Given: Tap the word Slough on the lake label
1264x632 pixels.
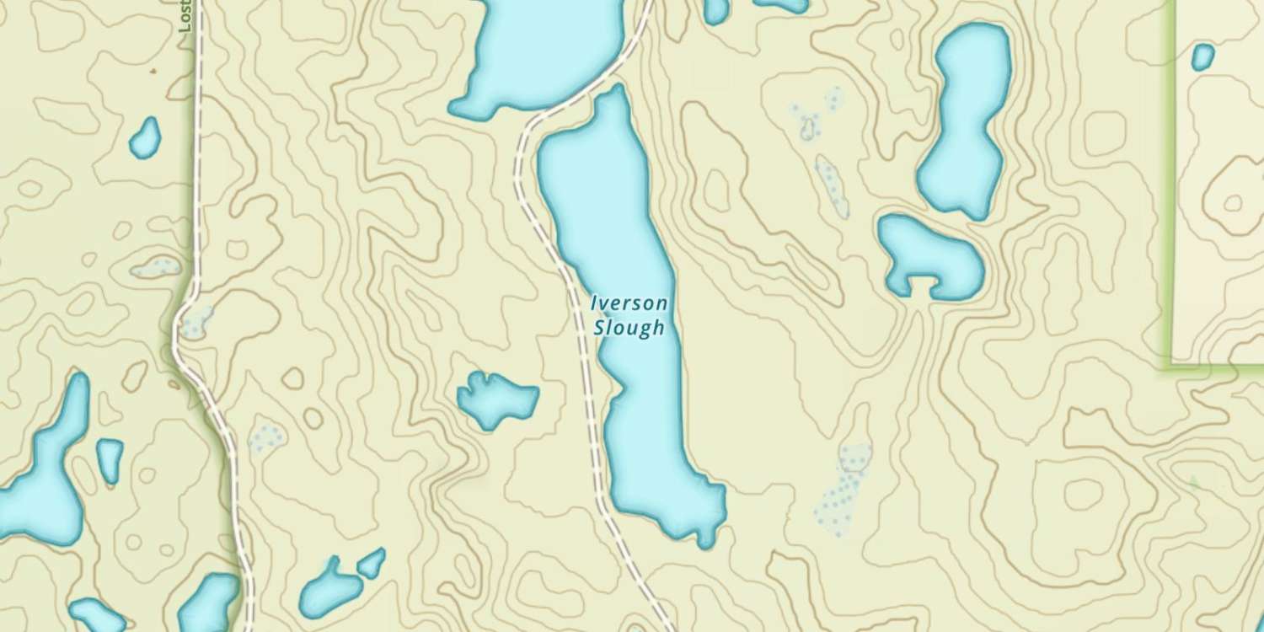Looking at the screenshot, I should tap(629, 328).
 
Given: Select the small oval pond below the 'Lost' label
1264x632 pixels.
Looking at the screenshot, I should tap(146, 138).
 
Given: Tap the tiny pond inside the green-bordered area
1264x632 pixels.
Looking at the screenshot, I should tap(1202, 56).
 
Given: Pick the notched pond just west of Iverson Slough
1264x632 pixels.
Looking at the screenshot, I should tap(495, 398).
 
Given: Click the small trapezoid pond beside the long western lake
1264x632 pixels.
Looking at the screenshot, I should tap(110, 459).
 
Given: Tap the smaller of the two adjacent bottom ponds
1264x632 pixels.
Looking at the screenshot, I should tap(371, 563).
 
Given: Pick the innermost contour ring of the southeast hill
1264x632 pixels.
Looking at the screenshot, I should tap(1082, 494).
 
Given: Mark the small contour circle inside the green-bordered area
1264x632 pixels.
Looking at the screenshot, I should tap(1233, 203).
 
